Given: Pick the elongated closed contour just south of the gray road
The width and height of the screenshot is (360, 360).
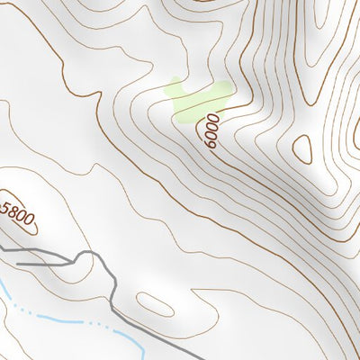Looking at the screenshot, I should (153, 305).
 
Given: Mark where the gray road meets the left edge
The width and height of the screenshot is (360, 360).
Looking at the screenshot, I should (1, 245).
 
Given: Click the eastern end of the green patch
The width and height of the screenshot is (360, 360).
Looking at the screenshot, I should (226, 89).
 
